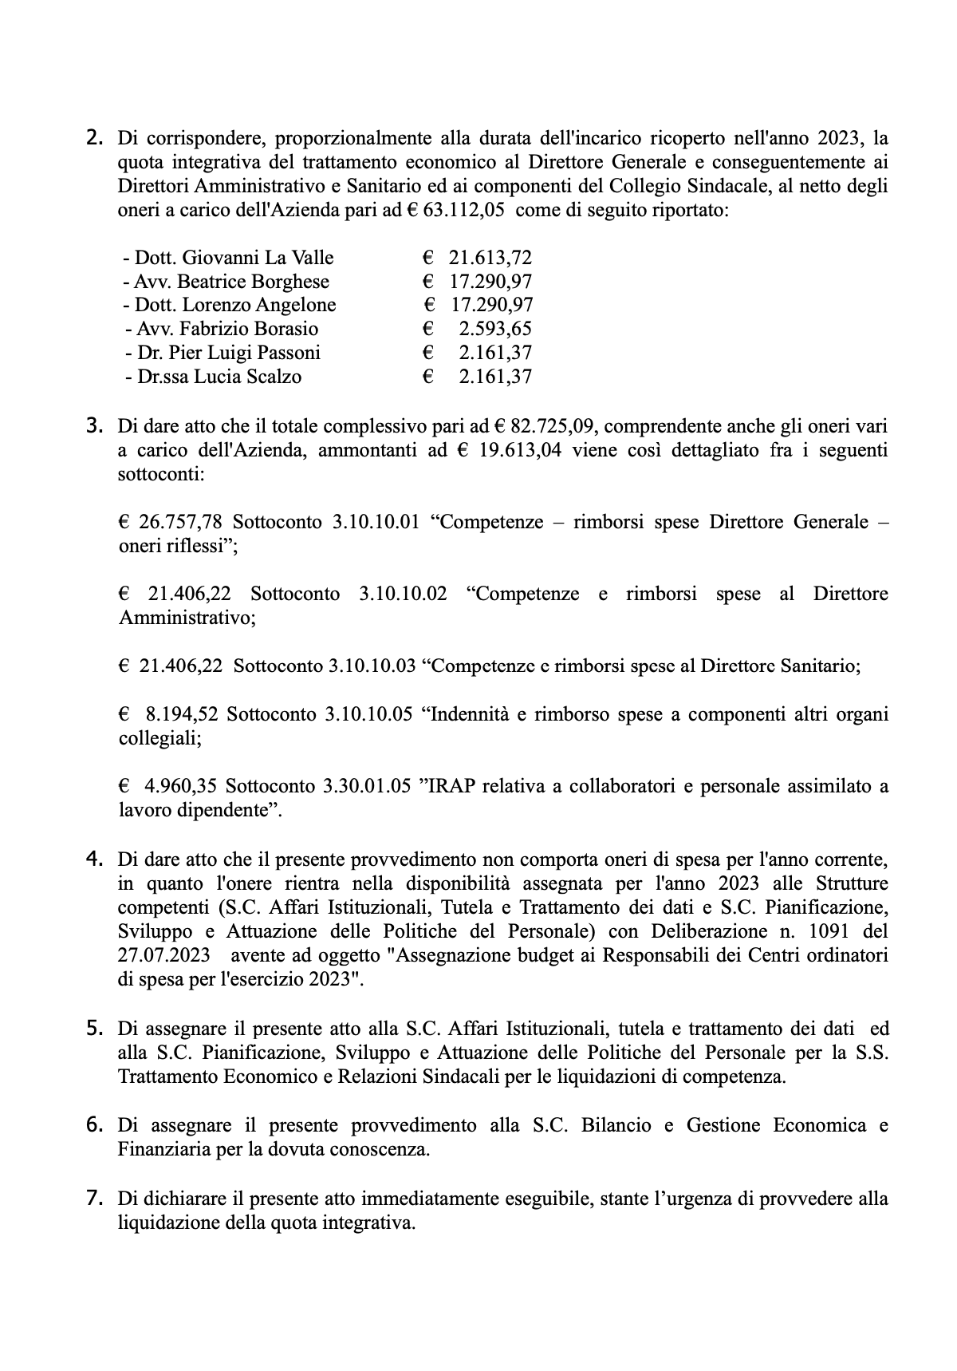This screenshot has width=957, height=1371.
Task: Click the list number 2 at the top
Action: coord(94,138)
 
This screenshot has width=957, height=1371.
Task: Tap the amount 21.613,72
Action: coord(490,258)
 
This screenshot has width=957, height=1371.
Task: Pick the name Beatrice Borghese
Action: coord(254,282)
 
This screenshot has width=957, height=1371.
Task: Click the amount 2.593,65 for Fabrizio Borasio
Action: coord(494,329)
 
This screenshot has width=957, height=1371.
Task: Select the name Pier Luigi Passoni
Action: coord(247,353)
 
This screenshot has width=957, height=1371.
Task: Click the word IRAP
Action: coord(451,787)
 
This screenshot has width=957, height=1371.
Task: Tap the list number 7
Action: coord(94,1197)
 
